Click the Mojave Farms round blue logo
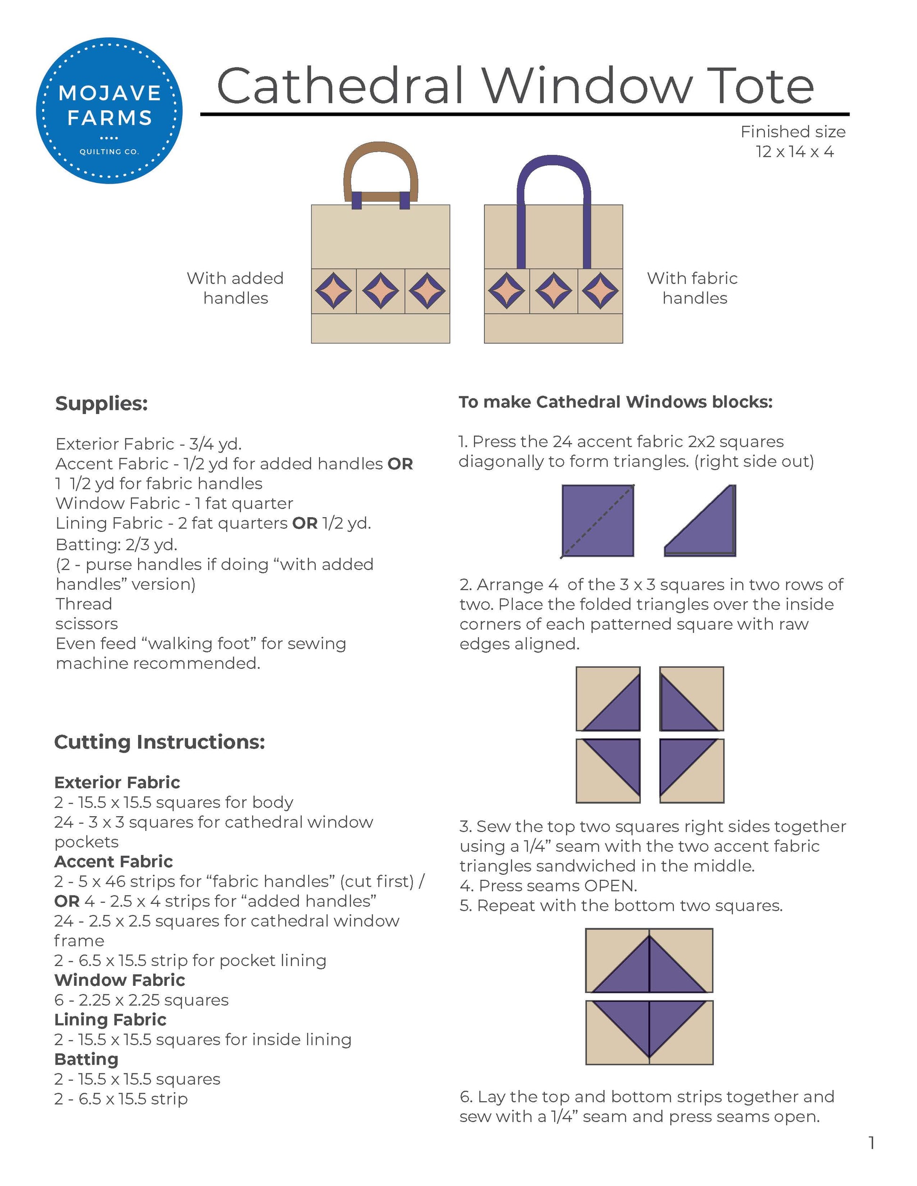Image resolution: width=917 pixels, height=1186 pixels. point(109,110)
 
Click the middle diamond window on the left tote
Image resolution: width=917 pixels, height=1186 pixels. point(380,291)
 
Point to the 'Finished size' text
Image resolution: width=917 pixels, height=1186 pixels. point(793,132)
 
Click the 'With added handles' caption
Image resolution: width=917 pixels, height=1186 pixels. point(235,288)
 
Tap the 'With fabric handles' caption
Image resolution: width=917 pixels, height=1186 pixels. point(693,288)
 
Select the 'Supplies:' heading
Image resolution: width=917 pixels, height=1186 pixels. point(102,404)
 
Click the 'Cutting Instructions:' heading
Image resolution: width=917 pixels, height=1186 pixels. point(160,742)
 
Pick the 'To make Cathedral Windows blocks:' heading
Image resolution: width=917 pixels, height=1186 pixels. point(615,402)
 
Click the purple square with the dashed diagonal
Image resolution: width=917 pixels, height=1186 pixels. point(598,520)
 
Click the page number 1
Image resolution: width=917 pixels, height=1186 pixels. point(871,1143)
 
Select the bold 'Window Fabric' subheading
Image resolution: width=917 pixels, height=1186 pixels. point(120,980)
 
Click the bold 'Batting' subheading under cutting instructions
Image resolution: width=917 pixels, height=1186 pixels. point(86,1059)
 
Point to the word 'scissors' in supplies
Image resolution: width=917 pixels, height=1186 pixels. point(86,624)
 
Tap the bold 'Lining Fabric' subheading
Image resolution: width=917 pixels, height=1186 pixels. point(110,1019)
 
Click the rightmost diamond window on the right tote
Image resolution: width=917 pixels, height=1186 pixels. point(600,291)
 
